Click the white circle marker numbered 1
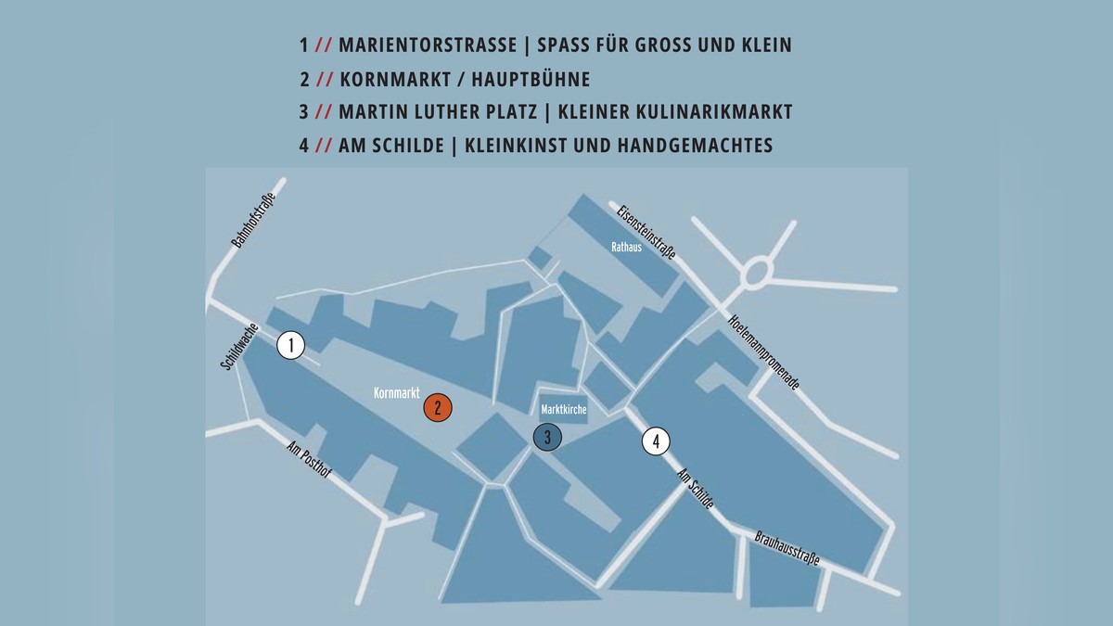pos(291,346)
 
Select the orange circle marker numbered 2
pos(438,407)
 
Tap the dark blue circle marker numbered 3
pos(548,436)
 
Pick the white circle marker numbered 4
pos(656,441)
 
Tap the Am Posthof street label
pos(309,461)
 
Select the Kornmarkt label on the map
pos(397,394)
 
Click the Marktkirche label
pos(564,409)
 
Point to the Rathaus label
pos(626,248)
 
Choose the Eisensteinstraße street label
pos(646,230)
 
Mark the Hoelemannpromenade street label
pos(764,351)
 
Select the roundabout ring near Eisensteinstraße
pos(757,272)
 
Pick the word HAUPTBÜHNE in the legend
pos(534,79)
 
